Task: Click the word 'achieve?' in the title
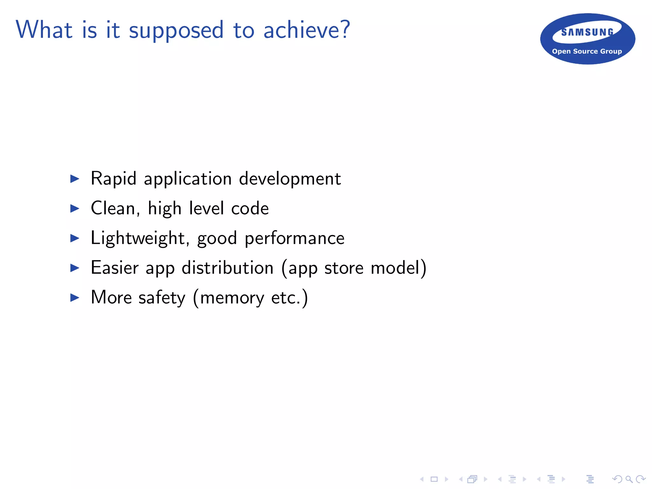coord(307,30)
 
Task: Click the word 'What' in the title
coord(44,30)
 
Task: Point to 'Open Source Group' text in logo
coord(587,51)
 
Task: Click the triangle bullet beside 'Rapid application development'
coord(74,179)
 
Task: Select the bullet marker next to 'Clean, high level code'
coord(74,209)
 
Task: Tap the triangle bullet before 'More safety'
coord(74,298)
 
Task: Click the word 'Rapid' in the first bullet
coord(113,179)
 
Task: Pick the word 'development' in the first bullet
coord(290,179)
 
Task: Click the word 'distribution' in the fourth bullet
coord(227,268)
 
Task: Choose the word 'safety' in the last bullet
coord(162,298)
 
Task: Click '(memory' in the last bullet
coord(228,298)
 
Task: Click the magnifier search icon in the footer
coord(629,479)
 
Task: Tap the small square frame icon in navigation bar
coord(434,479)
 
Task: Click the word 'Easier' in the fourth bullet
coord(115,268)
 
